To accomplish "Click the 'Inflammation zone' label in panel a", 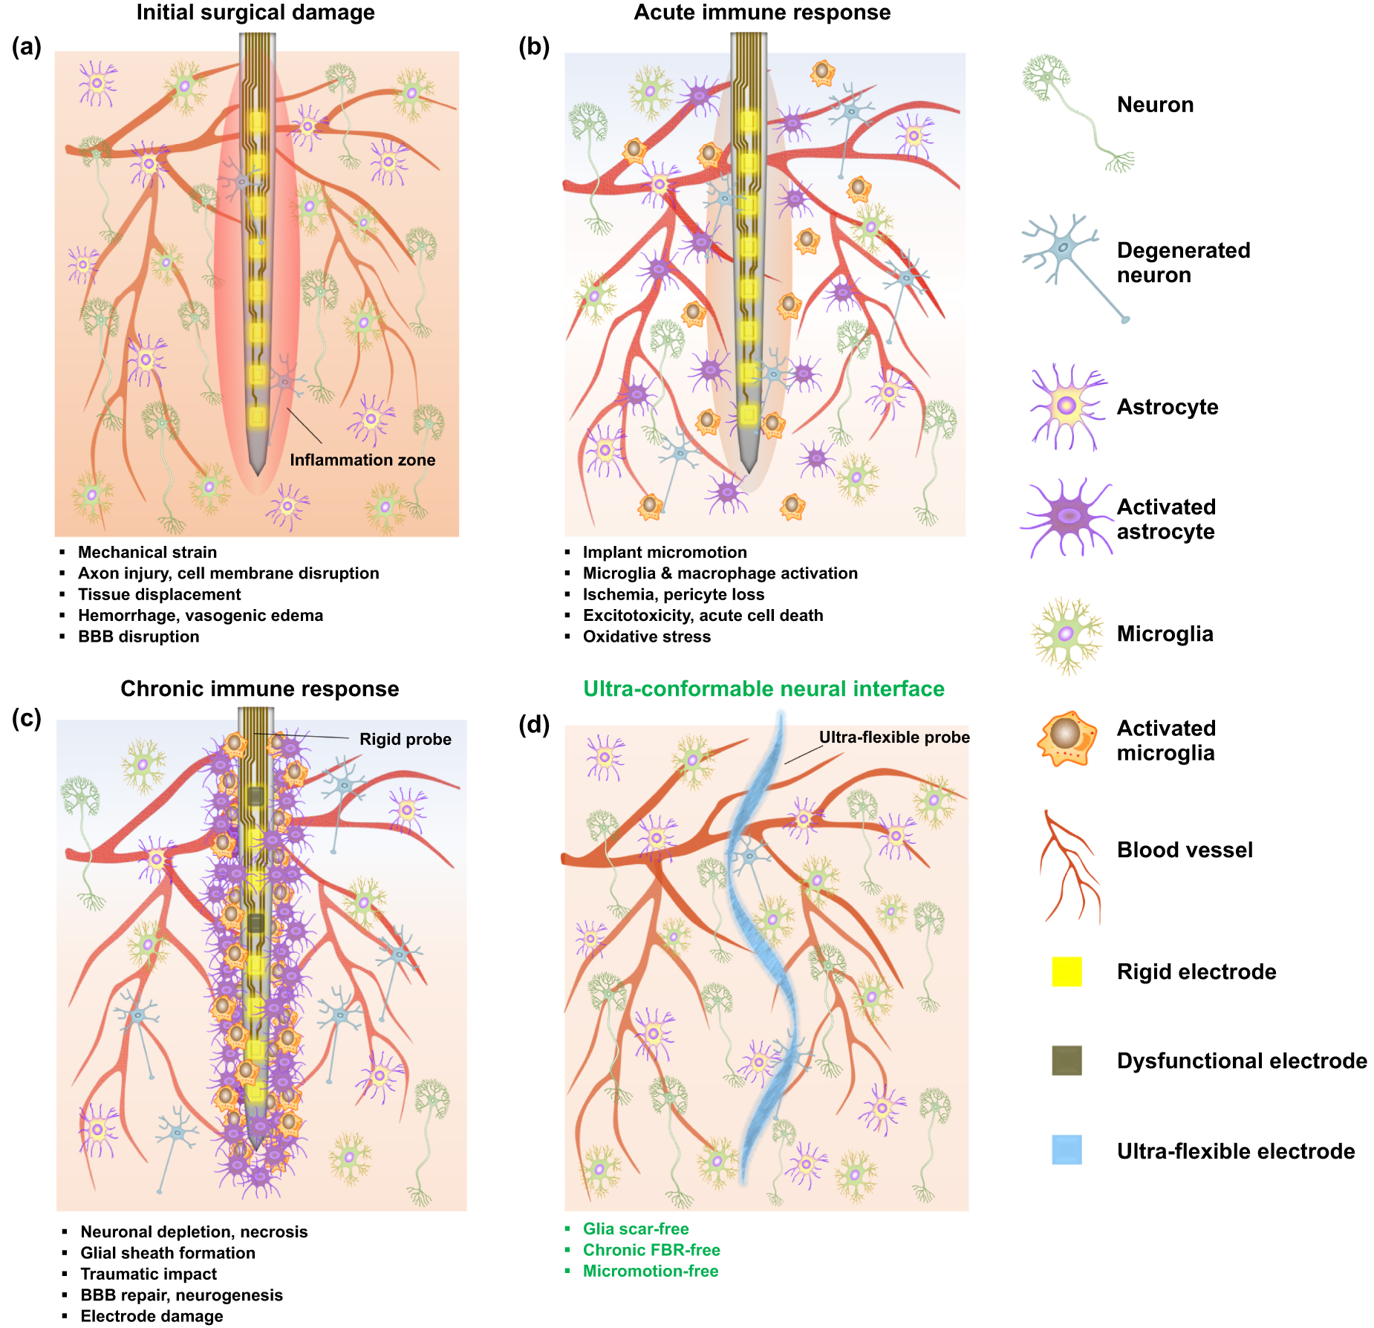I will [362, 460].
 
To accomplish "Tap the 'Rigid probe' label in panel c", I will [406, 739].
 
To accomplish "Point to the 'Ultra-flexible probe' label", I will [894, 737].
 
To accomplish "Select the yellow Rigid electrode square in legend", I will [1067, 971].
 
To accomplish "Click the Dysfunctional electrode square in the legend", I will [1067, 1061].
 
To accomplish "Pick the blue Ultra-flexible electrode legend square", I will [1067, 1150].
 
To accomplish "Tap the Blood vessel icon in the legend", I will [1069, 865].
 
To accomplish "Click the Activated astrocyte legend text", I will [1166, 519].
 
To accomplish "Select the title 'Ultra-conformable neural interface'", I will [763, 689].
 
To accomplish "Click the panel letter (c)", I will [27, 718].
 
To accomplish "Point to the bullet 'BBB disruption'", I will [139, 637].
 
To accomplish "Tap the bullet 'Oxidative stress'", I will [647, 637].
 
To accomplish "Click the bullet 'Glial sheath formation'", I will [168, 1253].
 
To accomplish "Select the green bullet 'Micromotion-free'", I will [651, 1271].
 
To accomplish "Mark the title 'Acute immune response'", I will [762, 13].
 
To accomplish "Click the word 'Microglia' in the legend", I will [1165, 634].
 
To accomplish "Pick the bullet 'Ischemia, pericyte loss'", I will [674, 594].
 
